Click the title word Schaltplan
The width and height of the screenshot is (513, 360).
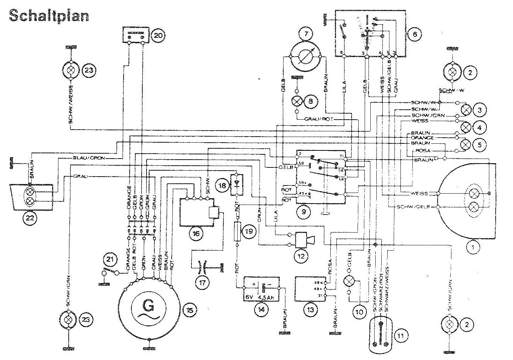pos(48,16)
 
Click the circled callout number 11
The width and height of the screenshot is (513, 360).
pos(401,335)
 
